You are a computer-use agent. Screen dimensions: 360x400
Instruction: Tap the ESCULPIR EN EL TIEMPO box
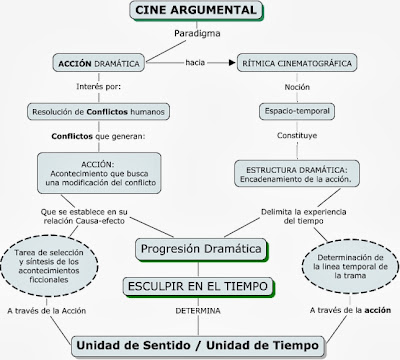point(200,287)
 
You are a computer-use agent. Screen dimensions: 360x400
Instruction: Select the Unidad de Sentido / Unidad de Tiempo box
point(200,344)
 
